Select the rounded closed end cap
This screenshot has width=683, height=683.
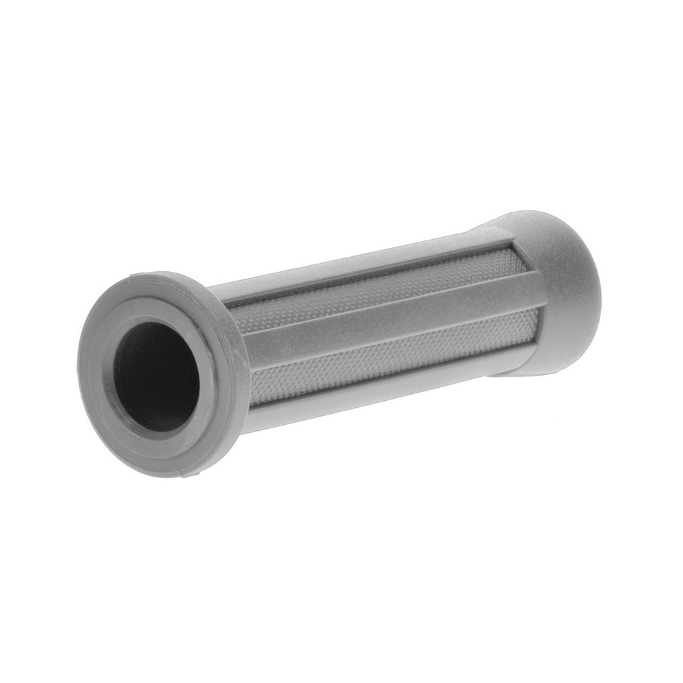[x=553, y=287]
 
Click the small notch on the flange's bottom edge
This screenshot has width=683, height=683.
[x=198, y=471]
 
